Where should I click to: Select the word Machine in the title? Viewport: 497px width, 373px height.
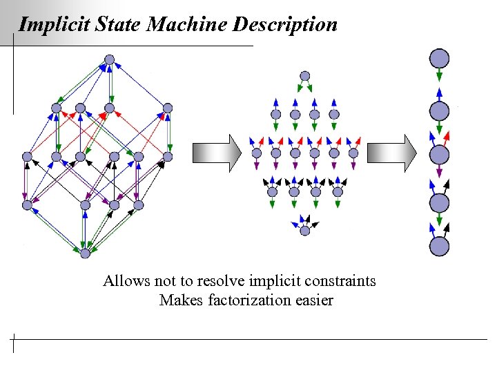(188, 26)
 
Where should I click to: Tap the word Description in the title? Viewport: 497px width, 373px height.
(285, 26)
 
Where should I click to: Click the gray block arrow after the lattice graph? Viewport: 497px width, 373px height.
(216, 151)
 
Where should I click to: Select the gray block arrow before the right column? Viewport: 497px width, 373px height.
(391, 151)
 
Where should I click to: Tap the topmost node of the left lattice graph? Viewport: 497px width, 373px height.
(108, 59)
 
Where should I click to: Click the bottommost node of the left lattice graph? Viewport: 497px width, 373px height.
(85, 254)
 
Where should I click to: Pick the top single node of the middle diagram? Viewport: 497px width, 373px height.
(304, 76)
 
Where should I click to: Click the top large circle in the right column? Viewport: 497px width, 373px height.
(440, 58)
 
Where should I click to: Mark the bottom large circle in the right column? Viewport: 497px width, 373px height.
(440, 247)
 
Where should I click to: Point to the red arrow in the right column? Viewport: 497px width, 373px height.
(448, 134)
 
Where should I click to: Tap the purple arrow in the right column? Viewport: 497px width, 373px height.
(440, 173)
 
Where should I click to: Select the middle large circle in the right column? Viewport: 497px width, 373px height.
(440, 153)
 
